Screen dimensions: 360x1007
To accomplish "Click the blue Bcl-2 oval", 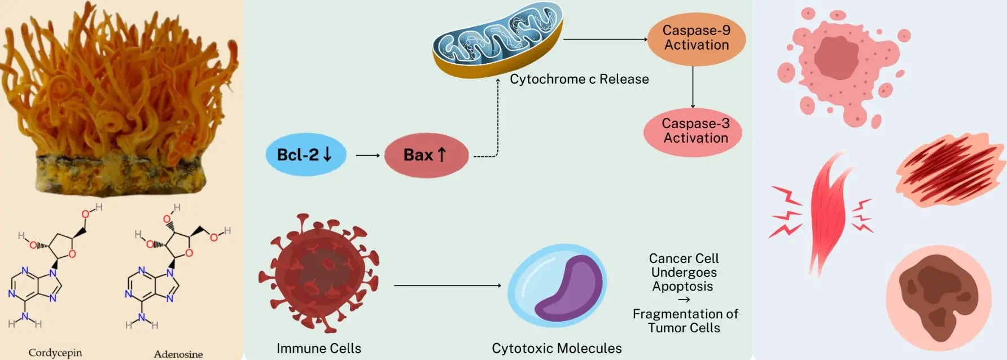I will click(305, 155).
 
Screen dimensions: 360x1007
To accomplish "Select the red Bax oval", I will click(426, 155).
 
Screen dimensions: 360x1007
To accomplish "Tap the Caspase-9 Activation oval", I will click(696, 38).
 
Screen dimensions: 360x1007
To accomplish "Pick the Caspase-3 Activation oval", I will click(693, 131).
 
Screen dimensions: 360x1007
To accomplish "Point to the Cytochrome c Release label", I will click(579, 80).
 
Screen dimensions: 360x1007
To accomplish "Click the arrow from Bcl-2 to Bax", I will click(367, 155).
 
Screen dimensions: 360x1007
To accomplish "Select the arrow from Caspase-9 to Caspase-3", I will click(693, 87).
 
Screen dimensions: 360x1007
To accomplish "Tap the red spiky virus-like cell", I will click(318, 273).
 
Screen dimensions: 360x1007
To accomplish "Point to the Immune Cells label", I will click(318, 348).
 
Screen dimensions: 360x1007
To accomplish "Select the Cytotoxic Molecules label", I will click(557, 348).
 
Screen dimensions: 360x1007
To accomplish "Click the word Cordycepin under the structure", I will click(55, 353).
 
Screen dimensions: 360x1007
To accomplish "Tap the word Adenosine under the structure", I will click(178, 354).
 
